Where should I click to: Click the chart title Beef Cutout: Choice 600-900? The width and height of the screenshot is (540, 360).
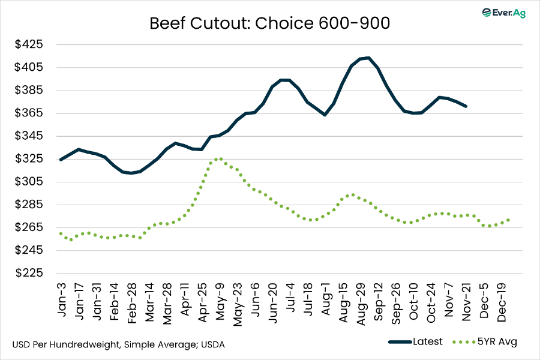tap(269, 24)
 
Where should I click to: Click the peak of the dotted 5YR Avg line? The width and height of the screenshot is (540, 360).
tap(220, 159)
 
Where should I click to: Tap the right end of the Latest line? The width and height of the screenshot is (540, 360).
tap(466, 106)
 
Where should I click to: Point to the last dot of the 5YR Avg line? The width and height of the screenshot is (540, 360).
tap(509, 220)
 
